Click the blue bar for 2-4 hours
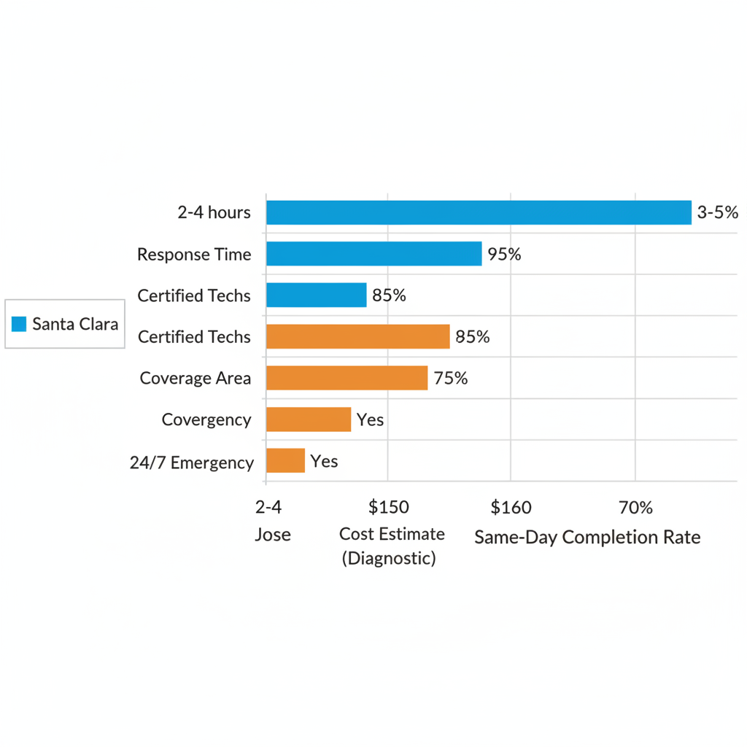[x=479, y=212]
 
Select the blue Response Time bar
[x=373, y=254]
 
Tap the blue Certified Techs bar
[x=316, y=295]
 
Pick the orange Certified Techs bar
[x=357, y=337]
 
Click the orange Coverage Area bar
[x=347, y=378]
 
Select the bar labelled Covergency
[x=309, y=419]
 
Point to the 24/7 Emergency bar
[x=285, y=461]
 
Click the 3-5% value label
[x=718, y=212]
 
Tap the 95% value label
[x=504, y=255]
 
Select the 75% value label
[x=450, y=379]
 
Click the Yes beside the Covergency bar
[x=370, y=420]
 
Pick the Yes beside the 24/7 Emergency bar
[x=324, y=461]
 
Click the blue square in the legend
[x=20, y=324]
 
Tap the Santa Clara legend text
[x=75, y=324]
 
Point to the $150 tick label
[x=389, y=507]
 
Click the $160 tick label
[x=511, y=507]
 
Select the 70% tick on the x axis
[x=635, y=507]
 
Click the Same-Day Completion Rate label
[x=587, y=538]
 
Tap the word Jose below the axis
[x=273, y=535]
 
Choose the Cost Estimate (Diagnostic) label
[x=392, y=546]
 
